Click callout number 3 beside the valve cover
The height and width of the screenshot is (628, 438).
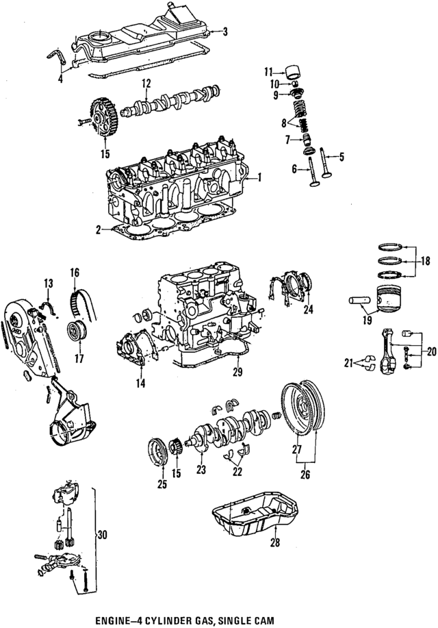coord(227,32)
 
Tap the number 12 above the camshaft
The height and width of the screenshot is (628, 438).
coord(146,84)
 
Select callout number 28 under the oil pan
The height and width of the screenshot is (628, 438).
coord(275,542)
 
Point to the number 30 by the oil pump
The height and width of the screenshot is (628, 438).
coord(103,535)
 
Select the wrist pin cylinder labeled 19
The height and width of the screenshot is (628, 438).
coord(359,301)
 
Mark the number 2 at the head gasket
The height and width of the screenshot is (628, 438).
coord(99,230)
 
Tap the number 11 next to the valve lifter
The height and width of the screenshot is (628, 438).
coord(270,71)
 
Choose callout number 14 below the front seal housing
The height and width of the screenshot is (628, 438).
coord(140,384)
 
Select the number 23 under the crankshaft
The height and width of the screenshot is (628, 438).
coord(201,469)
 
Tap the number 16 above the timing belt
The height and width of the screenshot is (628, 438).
coord(75,273)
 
